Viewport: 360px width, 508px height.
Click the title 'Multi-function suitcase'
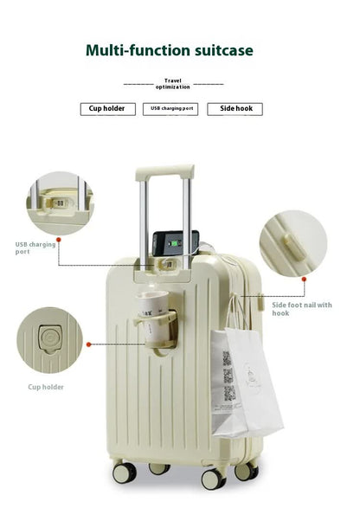tap(169, 50)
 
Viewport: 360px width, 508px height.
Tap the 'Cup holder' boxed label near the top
tap(107, 109)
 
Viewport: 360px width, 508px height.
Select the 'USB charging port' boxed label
tap(173, 109)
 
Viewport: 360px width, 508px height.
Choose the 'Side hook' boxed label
tap(234, 109)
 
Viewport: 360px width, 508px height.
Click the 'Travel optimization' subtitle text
tap(173, 84)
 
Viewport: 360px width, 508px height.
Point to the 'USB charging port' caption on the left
tap(35, 248)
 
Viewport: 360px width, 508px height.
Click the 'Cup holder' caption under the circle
tap(46, 387)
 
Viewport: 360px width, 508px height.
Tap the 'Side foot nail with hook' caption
tap(301, 308)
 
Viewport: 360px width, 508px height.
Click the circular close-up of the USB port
tap(59, 203)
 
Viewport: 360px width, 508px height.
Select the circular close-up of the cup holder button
tap(48, 340)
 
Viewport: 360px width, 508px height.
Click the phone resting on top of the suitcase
tap(176, 245)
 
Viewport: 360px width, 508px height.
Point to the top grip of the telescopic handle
tap(164, 173)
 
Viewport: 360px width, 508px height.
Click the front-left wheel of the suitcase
tap(124, 473)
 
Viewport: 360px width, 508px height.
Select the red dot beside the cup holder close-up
tap(87, 344)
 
